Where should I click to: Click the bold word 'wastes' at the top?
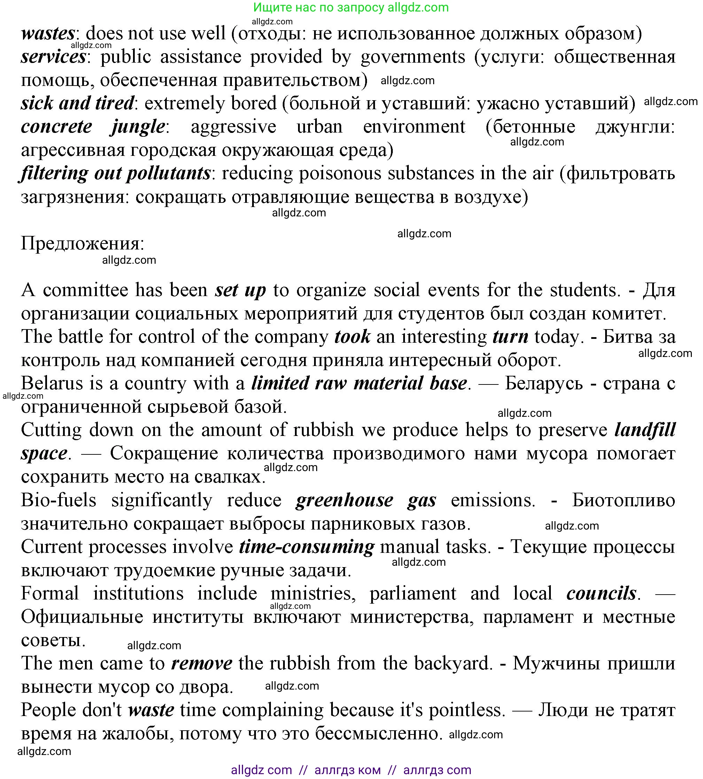pos(47,34)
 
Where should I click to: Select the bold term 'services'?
pos(53,57)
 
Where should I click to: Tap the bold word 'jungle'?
pos(138,127)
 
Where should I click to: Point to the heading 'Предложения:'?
pos(82,244)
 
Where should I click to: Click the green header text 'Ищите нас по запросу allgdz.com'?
pos(351,7)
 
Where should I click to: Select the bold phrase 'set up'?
pos(240,290)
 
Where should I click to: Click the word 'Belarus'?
pos(52,384)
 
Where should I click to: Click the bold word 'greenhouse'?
pos(344,500)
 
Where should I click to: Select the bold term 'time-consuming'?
pos(306,547)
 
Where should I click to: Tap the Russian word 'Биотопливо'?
pos(623,500)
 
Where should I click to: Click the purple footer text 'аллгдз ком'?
pos(347,770)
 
